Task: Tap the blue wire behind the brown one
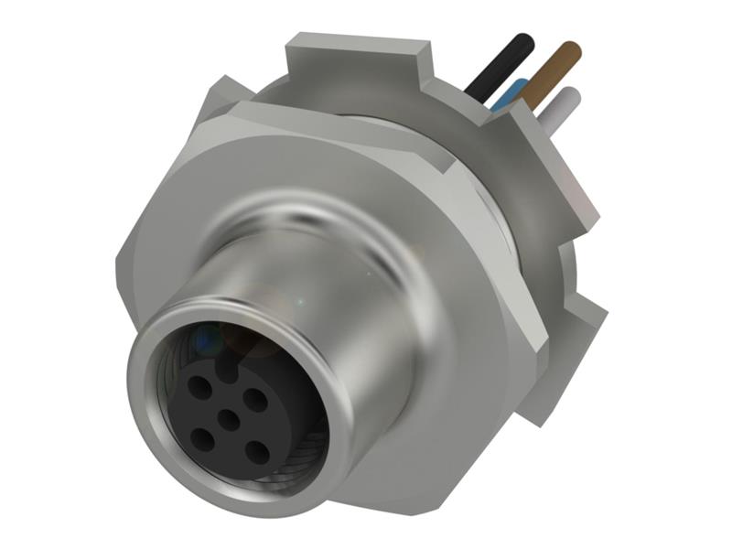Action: pyautogui.click(x=511, y=95)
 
